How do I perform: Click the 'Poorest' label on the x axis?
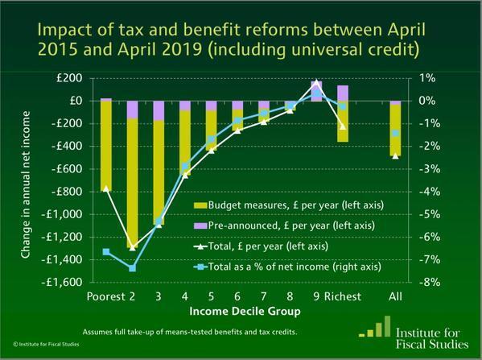(104, 296)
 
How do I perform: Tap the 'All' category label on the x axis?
(395, 296)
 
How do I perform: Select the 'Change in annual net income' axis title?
(27, 180)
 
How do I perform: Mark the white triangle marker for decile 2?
(133, 247)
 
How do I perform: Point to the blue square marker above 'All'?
(395, 134)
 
